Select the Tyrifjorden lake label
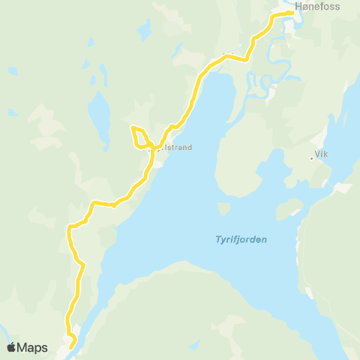[236, 240]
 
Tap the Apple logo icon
[12, 347]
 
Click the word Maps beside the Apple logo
[34, 347]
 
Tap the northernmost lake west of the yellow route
[143, 29]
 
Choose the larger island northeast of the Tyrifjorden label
[289, 208]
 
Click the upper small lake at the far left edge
[13, 71]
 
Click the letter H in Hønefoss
[300, 7]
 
